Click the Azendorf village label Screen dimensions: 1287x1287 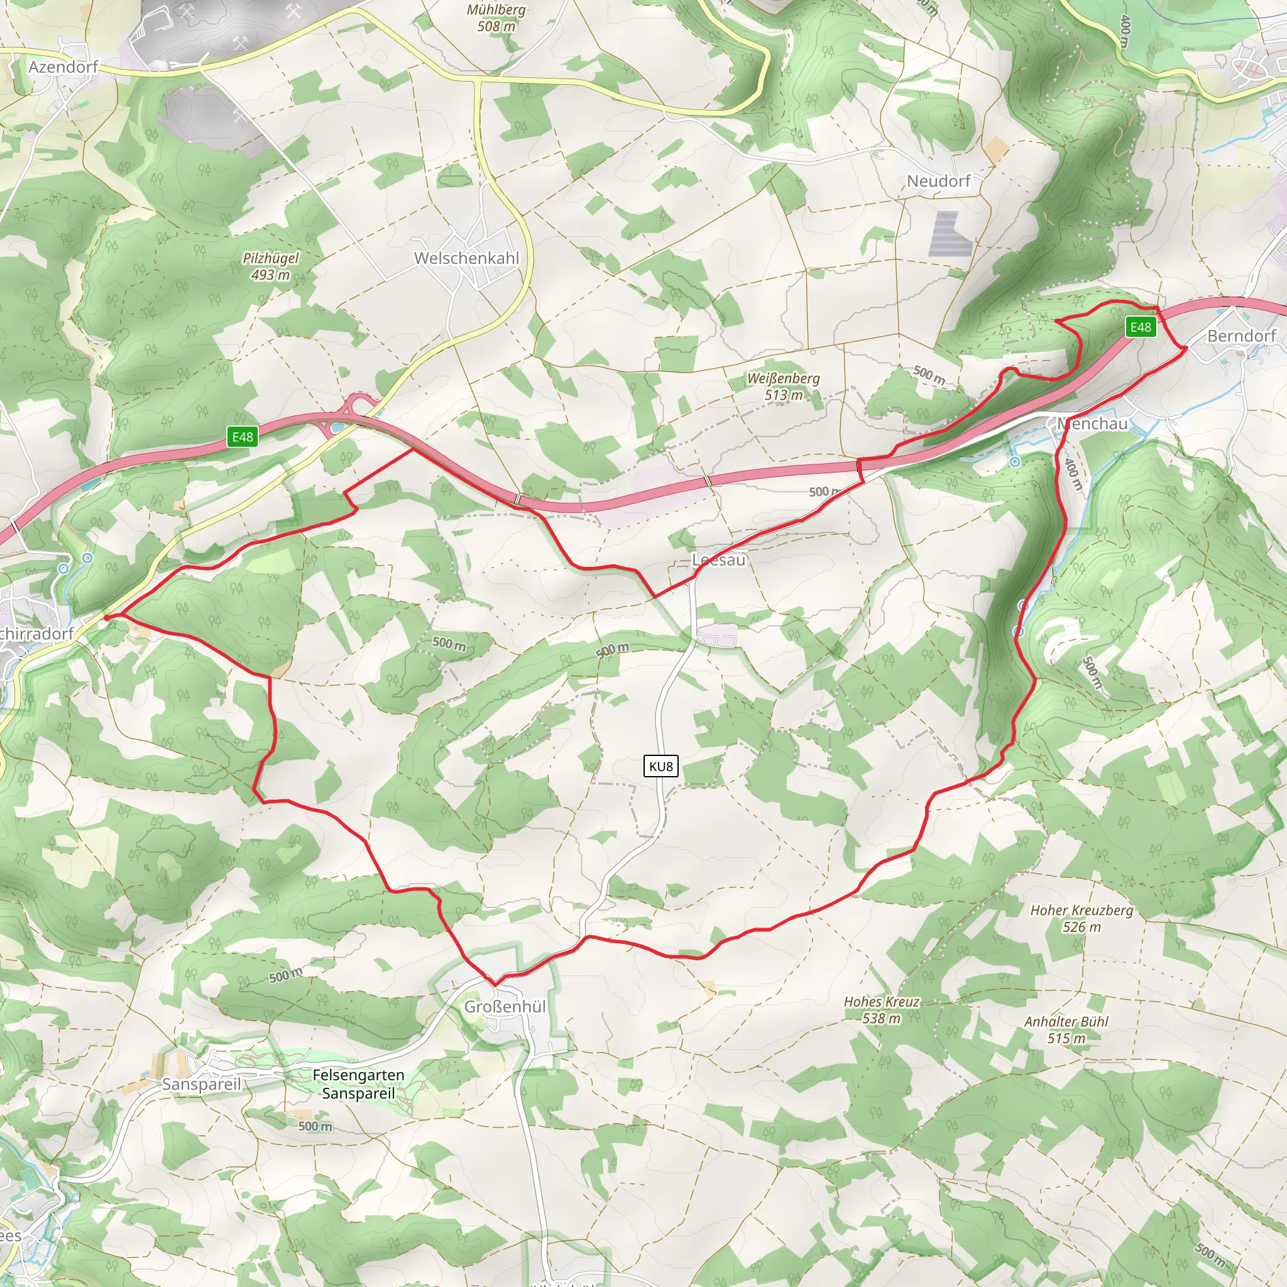63,67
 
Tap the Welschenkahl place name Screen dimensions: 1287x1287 466,258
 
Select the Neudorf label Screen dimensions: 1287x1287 939,180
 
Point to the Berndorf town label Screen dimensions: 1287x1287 1240,336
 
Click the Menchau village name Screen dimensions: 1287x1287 1092,424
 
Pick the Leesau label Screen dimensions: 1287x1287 719,559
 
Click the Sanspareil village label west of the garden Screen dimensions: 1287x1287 201,1084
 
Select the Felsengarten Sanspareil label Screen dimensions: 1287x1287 358,1084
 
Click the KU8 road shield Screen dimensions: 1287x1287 661,766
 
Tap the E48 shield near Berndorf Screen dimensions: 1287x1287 1141,326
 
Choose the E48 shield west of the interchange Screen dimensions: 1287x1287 242,437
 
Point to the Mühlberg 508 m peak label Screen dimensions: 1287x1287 496,18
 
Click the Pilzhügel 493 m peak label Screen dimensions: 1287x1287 270,266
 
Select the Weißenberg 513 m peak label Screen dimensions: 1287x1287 784,386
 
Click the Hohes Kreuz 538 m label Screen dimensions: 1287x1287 880,1010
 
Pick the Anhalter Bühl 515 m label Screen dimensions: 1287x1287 1066,1030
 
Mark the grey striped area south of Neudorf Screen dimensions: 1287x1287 950,234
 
